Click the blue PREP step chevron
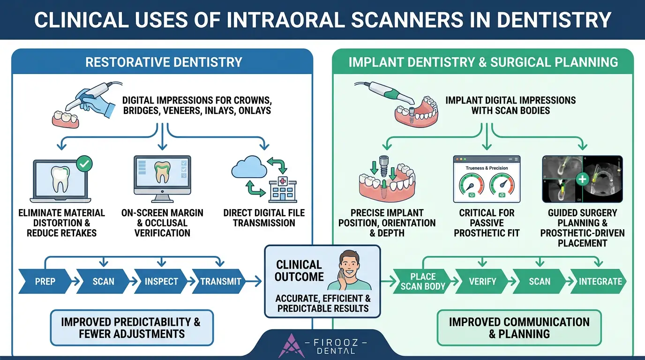coord(45,282)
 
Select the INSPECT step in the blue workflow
coord(161,282)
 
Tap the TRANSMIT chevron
coord(220,282)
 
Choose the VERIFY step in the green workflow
coord(482,282)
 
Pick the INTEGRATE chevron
coord(600,282)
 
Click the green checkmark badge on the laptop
coord(84,165)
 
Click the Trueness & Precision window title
coord(487,168)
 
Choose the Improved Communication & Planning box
coord(519,328)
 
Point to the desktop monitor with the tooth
coord(162,175)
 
